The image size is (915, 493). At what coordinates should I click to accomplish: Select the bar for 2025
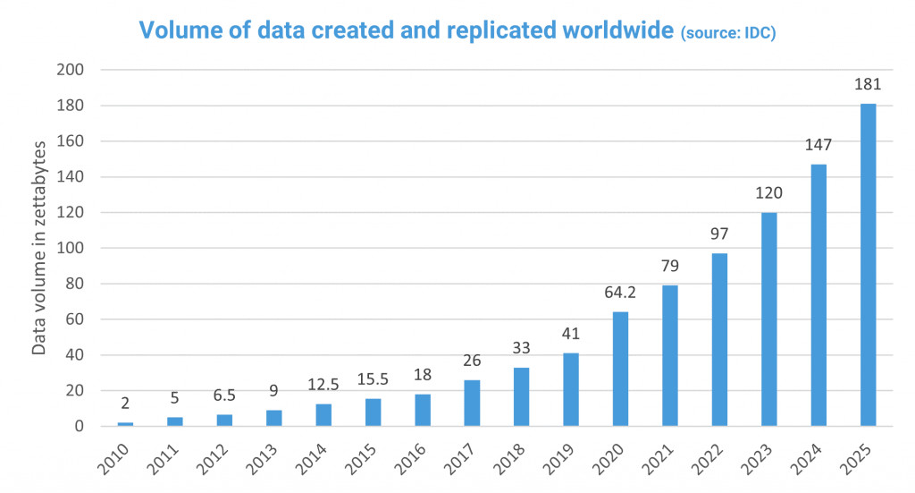tap(868, 265)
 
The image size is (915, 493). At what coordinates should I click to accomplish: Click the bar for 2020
tap(620, 369)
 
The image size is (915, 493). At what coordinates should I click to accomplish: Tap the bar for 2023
tap(768, 319)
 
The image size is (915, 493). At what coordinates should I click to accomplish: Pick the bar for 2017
tap(472, 403)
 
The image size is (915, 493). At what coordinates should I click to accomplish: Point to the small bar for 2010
tap(125, 424)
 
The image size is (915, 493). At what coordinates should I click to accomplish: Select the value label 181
tap(868, 85)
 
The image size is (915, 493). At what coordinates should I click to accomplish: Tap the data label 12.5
tap(323, 385)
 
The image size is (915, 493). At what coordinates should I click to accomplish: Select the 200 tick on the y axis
tap(71, 70)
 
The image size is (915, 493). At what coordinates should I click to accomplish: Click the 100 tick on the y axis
tap(71, 248)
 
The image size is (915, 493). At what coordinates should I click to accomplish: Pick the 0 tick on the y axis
tap(79, 426)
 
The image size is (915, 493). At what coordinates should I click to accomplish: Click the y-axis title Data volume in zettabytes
tap(39, 248)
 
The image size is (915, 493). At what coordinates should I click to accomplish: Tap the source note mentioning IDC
tap(727, 33)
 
